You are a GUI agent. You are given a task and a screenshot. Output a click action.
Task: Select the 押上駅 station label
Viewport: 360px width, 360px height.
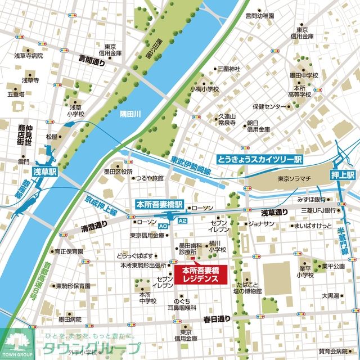point(343,175)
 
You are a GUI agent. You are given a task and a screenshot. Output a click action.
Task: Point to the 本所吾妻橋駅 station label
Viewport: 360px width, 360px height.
point(160,204)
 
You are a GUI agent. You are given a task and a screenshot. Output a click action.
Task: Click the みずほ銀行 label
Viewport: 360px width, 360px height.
point(313,199)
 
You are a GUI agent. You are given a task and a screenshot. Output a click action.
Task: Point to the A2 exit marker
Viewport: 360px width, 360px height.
point(182,222)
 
